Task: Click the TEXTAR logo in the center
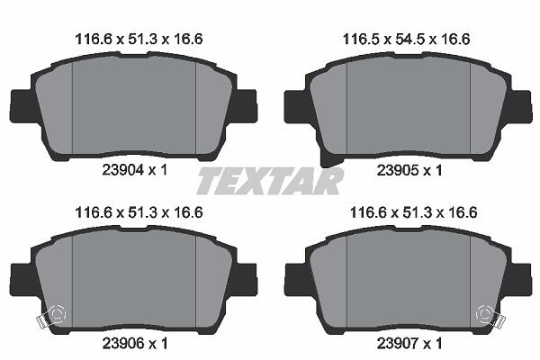(270, 181)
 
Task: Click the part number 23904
(122, 170)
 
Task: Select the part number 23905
(397, 170)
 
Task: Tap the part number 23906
(122, 343)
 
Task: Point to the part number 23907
(397, 343)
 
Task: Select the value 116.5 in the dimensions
(361, 40)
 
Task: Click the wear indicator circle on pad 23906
(58, 314)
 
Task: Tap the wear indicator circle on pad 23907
(484, 314)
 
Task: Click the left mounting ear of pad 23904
(22, 106)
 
